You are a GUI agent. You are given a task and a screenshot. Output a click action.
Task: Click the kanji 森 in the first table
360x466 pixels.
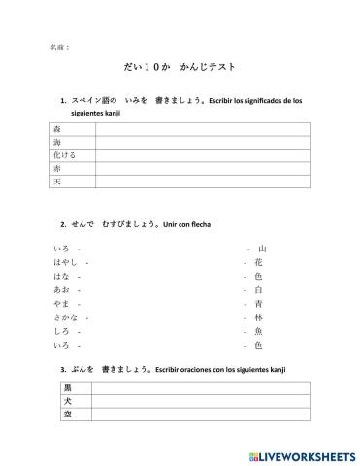pos(57,129)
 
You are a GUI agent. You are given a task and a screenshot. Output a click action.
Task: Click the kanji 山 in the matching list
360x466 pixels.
pos(261,249)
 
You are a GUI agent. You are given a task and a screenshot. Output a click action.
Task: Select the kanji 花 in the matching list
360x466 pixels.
pos(258,262)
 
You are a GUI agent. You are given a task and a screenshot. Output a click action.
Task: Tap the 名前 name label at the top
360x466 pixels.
pos(57,46)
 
